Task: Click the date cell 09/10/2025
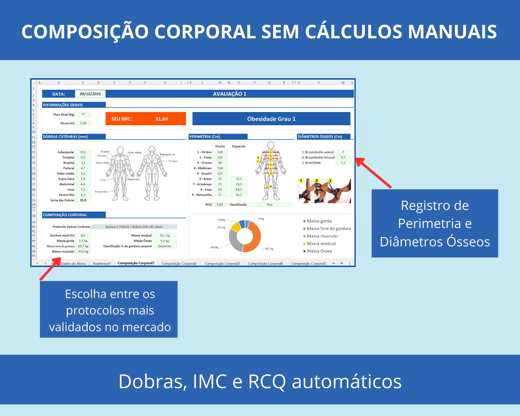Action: pyautogui.click(x=90, y=94)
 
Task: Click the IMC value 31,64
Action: pyautogui.click(x=161, y=119)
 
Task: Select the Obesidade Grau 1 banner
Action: pyautogui.click(x=271, y=119)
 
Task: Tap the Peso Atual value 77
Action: pyautogui.click(x=83, y=114)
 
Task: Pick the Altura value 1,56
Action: pyautogui.click(x=83, y=123)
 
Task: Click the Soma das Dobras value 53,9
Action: pyautogui.click(x=83, y=200)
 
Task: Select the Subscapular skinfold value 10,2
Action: pyautogui.click(x=83, y=152)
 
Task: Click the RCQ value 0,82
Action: pyautogui.click(x=220, y=205)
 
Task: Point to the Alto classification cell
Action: pyautogui.click(x=269, y=205)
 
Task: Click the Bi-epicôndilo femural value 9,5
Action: pyautogui.click(x=343, y=158)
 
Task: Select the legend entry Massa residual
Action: pyautogui.click(x=321, y=244)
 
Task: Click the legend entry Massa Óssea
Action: pyautogui.click(x=319, y=251)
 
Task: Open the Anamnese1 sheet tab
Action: pyautogui.click(x=102, y=264)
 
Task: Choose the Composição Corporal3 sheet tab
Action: pyautogui.click(x=222, y=264)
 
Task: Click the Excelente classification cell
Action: pyautogui.click(x=165, y=246)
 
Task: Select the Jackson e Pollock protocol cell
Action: pyautogui.click(x=134, y=227)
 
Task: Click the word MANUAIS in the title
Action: pyautogui.click(x=452, y=32)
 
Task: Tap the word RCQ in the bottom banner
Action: pyautogui.click(x=267, y=382)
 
